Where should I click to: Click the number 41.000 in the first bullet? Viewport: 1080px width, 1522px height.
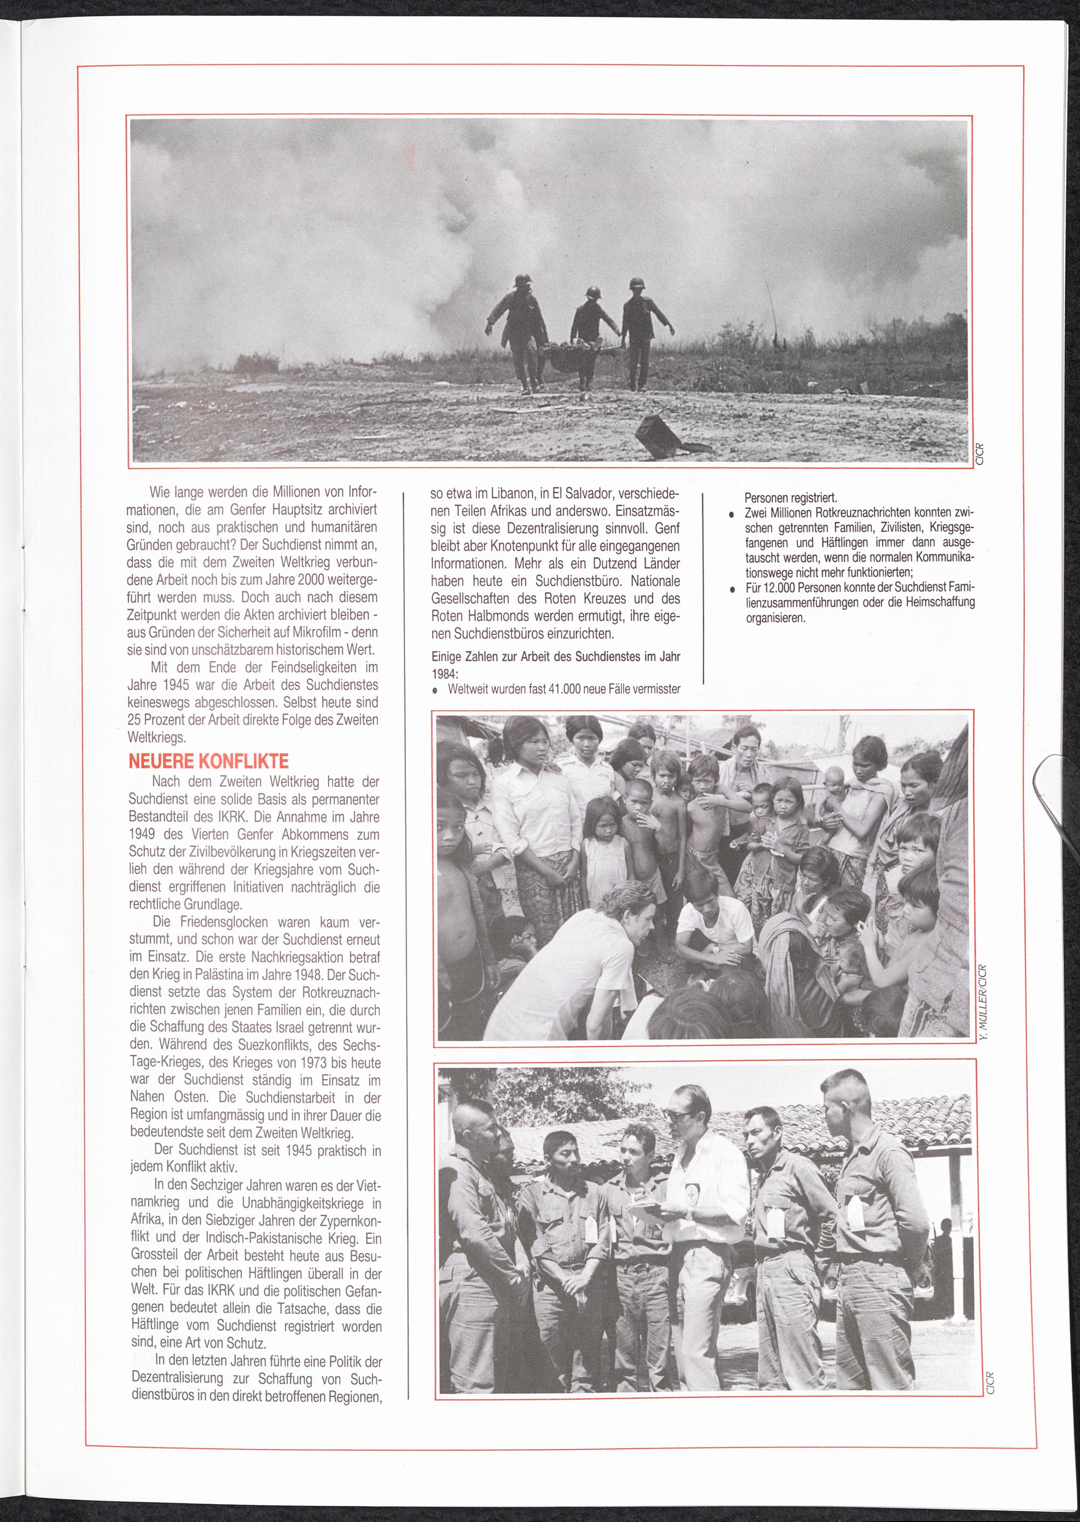click(x=564, y=689)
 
